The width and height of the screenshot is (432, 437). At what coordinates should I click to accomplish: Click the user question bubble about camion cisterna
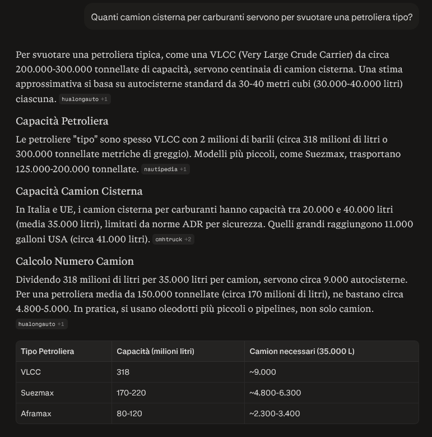coord(252,17)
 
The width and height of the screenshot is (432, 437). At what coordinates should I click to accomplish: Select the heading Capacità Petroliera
coord(62,121)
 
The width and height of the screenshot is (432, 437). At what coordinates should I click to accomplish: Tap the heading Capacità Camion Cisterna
coord(79,191)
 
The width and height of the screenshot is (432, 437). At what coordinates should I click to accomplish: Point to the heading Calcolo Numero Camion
coord(75,261)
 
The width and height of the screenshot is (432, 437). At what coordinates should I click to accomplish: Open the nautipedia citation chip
coord(166,169)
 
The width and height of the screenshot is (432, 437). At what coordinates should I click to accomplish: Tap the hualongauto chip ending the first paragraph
coord(85,99)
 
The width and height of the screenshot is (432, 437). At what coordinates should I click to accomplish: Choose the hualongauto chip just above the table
coord(43,324)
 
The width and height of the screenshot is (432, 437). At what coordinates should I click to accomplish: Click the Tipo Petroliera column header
coord(48,351)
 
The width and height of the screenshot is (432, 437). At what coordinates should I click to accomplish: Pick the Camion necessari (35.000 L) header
coord(302,351)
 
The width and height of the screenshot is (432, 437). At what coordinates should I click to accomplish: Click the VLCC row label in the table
coord(31,372)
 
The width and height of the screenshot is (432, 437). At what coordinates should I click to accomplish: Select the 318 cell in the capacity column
coord(123,372)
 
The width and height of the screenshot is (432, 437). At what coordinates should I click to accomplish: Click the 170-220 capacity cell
coord(131,393)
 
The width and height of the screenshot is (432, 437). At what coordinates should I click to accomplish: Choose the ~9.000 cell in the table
coord(263,372)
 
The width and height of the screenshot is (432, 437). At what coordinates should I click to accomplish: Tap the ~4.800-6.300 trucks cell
coord(275,393)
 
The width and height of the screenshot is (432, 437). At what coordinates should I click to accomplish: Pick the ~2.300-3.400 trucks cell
coord(275,413)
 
